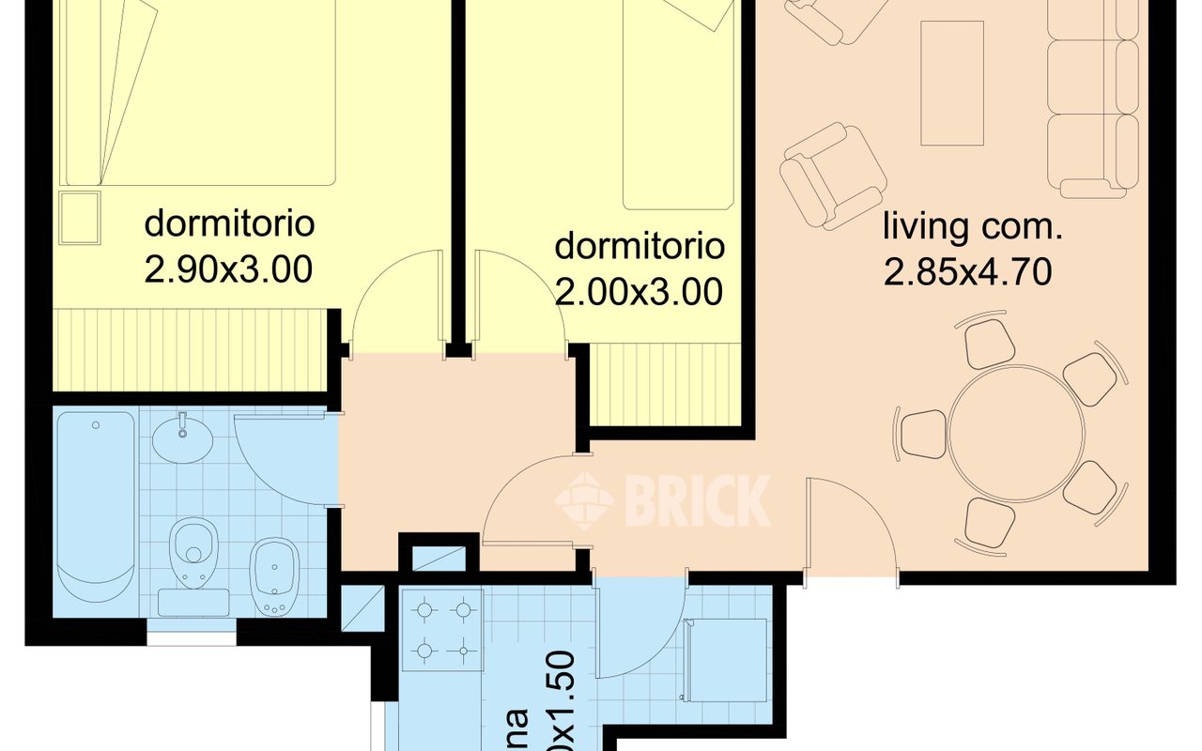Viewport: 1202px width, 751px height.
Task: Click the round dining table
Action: (1016, 434)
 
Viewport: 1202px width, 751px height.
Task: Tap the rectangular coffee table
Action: (951, 84)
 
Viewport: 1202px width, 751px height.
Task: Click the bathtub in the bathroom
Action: (95, 507)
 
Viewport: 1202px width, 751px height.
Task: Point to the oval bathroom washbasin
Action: (182, 439)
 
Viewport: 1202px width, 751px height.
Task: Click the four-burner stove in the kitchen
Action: (442, 629)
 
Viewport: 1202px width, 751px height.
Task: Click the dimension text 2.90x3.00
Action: (228, 270)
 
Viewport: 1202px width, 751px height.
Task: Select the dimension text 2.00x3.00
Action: (640, 293)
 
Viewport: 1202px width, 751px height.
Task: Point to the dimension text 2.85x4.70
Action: (966, 272)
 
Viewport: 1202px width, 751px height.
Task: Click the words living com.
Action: (972, 227)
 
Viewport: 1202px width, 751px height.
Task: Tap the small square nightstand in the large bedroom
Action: (79, 217)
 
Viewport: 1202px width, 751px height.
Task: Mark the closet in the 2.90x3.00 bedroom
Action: (188, 349)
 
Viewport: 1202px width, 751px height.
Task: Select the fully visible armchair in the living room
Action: (832, 175)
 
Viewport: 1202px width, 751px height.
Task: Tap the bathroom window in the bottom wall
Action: (192, 637)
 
